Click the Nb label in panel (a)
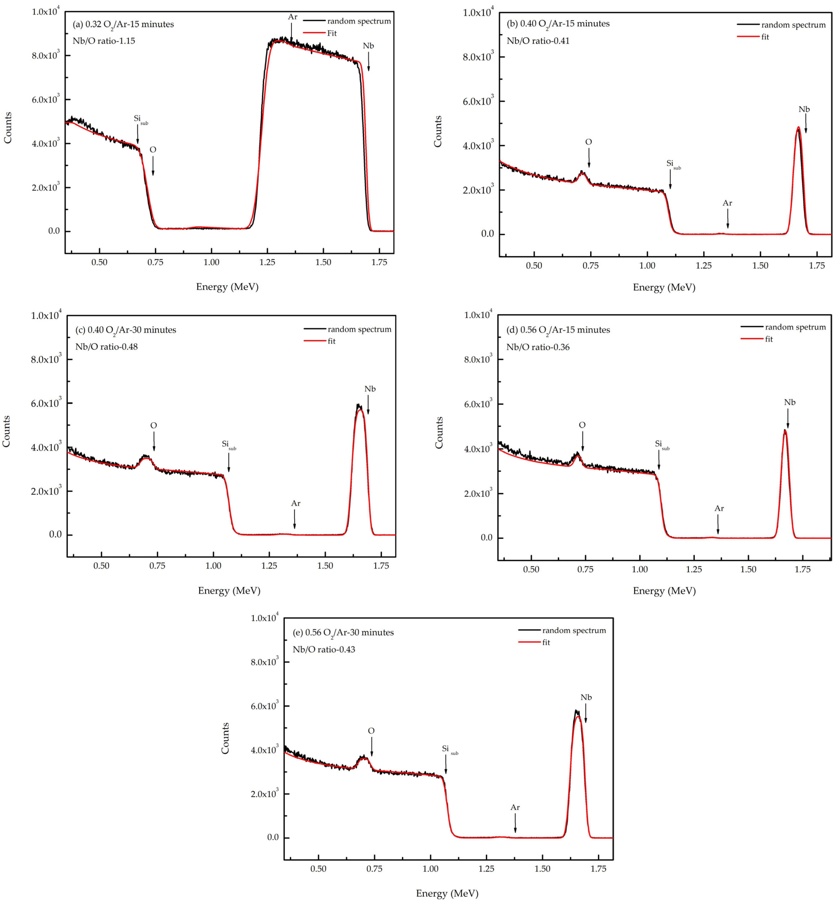(368, 46)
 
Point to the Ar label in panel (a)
(292, 17)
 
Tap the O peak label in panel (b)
(588, 142)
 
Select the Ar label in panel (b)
(727, 203)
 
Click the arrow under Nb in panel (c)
(368, 405)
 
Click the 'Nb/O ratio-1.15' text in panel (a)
(104, 41)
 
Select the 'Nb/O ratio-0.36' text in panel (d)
(538, 347)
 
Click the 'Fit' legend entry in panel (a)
(332, 33)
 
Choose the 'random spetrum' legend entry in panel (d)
(795, 327)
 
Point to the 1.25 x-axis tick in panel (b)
(704, 265)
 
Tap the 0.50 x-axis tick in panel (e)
(318, 869)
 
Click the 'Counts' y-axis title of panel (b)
(438, 131)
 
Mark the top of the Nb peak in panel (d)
(785, 430)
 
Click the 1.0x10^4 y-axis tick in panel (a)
(46, 11)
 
